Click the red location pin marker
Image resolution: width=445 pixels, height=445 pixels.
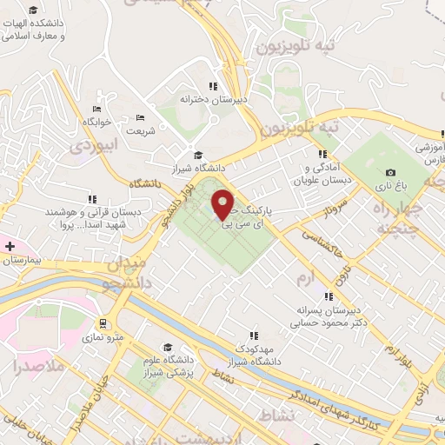(223, 203)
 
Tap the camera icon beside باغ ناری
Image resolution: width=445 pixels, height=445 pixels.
(390, 173)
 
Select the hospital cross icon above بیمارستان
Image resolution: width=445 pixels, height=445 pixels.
(10, 247)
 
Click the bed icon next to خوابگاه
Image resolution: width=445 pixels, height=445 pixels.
(96, 108)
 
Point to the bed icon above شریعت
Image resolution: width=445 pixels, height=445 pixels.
(141, 117)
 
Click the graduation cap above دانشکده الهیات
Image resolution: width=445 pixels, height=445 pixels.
(33, 10)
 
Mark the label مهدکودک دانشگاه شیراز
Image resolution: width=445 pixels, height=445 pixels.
(254, 354)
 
